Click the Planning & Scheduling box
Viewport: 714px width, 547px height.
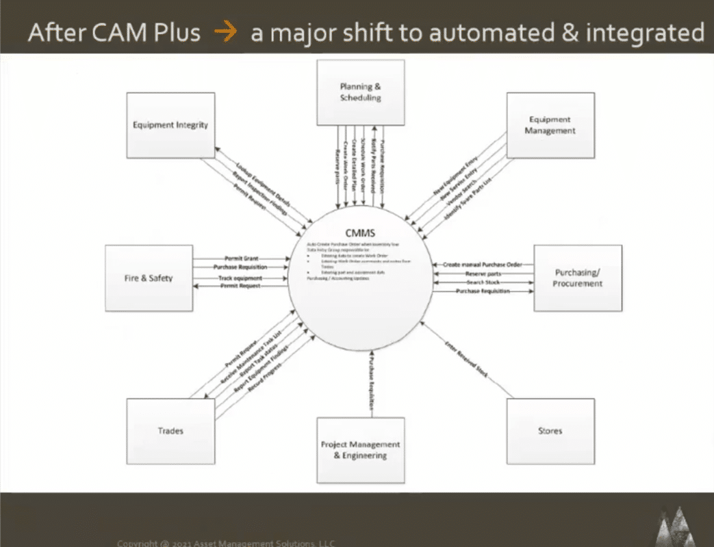tap(360, 92)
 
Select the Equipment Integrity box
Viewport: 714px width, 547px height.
tap(170, 125)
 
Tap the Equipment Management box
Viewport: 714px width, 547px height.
tap(550, 125)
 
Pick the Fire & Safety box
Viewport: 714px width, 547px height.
tap(149, 278)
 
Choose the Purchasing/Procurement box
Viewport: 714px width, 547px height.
tap(578, 278)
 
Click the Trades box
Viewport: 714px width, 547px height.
tap(170, 431)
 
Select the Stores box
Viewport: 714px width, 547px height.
tap(550, 431)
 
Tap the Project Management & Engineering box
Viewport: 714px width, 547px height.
tap(360, 450)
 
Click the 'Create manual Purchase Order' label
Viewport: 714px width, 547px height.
tap(482, 264)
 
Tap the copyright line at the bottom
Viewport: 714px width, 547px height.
tap(226, 543)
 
